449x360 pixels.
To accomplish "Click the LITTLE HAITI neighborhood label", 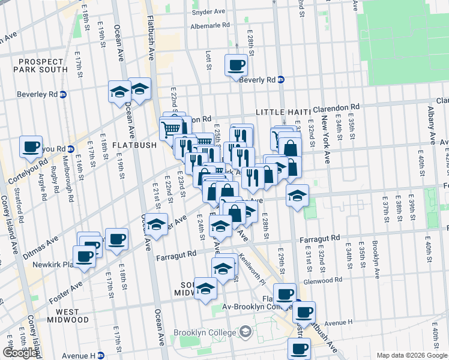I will click(282, 112).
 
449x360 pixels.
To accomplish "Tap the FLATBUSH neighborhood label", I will click(134, 145).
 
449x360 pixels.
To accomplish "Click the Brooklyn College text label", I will click(203, 332).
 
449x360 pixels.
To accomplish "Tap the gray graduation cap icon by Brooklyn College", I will click(245, 332).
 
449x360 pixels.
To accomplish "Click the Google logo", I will click(20, 353).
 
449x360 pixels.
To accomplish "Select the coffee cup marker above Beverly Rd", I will click(236, 64).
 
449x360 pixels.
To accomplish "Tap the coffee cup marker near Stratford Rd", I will click(31, 146).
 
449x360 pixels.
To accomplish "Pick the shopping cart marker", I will click(170, 127).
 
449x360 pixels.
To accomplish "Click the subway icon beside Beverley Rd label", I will click(63, 94).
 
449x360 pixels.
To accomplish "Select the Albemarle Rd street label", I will click(209, 25).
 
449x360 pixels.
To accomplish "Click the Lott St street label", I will click(208, 59).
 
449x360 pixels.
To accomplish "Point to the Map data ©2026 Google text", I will click(411, 355).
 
